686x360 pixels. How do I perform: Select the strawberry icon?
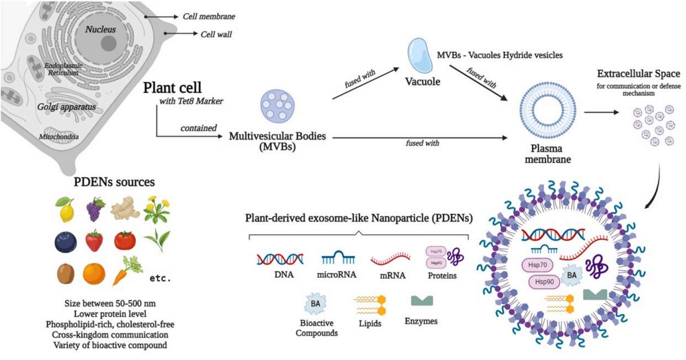point(94,241)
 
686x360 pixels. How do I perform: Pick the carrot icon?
point(124,271)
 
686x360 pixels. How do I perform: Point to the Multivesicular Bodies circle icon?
point(276,105)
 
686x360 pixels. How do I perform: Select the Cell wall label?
point(216,34)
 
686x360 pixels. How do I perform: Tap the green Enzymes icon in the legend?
point(422,300)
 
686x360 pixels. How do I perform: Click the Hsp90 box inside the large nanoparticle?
point(543,282)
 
